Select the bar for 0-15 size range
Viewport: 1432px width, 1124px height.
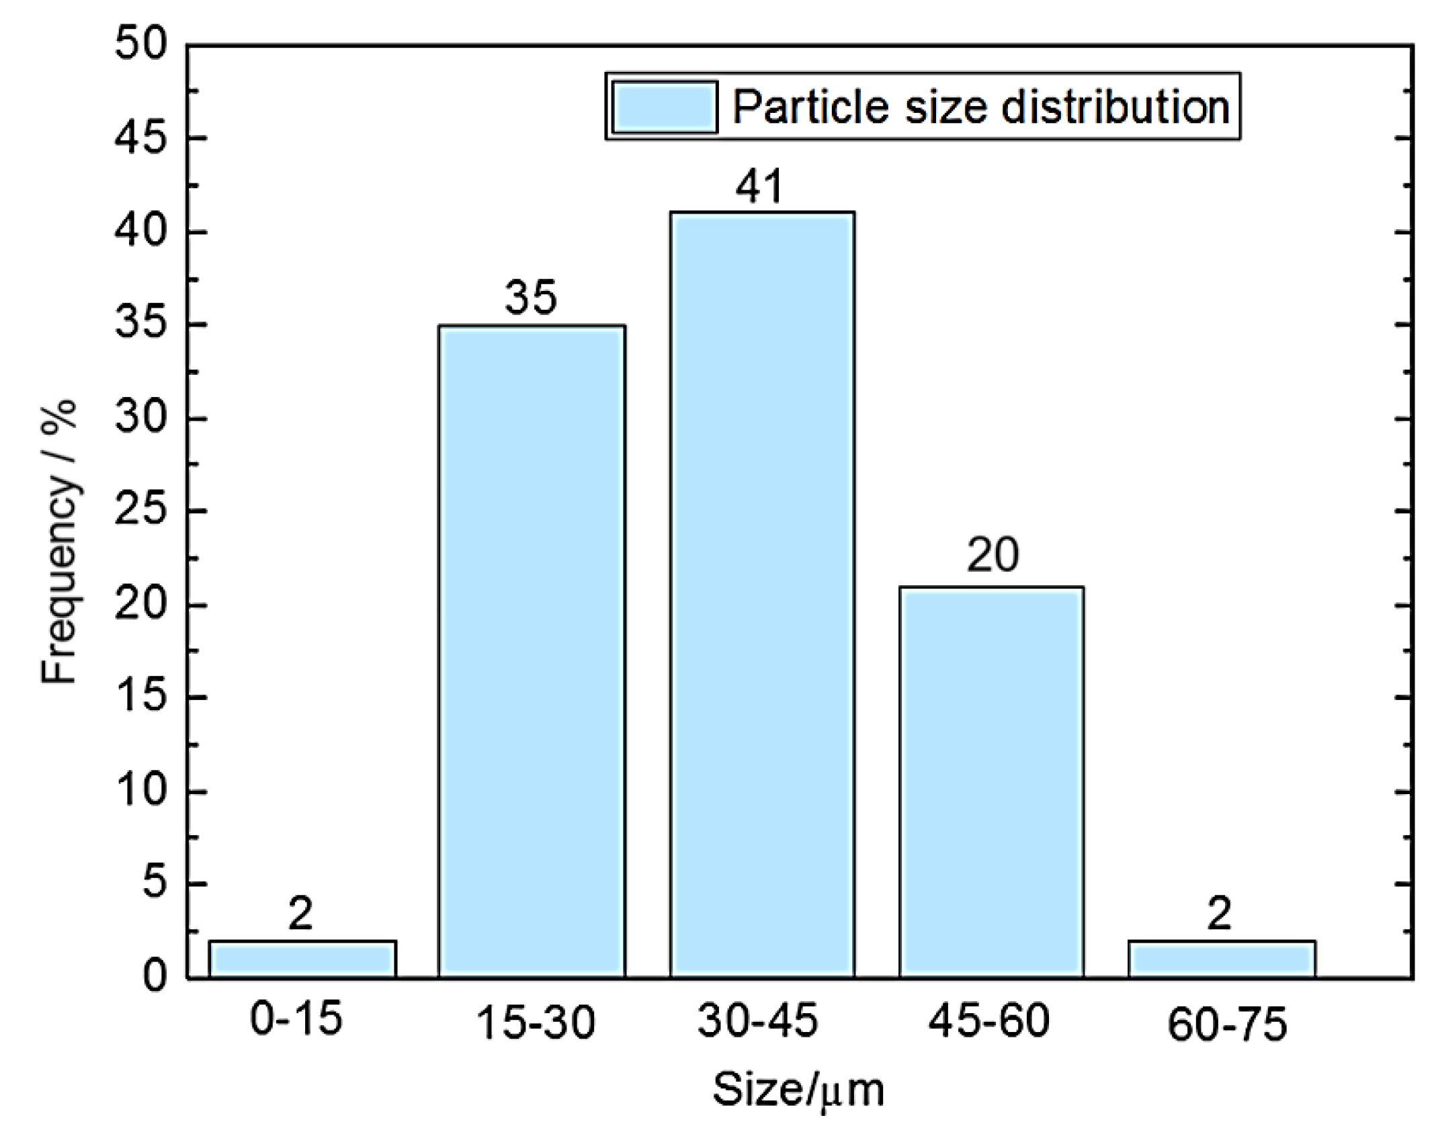[302, 959]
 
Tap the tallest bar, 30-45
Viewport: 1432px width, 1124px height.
[762, 594]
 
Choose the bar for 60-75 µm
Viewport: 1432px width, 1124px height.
[1222, 959]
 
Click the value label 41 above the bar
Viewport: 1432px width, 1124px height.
[759, 187]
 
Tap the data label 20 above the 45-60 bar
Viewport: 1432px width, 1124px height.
[992, 555]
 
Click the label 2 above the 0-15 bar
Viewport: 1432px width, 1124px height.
[300, 914]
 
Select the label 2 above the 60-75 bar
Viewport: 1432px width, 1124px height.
[1219, 914]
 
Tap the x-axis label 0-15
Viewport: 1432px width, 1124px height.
[296, 1019]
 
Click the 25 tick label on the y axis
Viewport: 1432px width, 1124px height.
[140, 512]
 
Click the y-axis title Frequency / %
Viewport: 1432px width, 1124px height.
[59, 542]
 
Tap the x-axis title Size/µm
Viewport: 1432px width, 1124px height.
[798, 1090]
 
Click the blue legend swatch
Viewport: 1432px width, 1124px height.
[664, 107]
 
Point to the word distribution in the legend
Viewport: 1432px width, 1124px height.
[1115, 107]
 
